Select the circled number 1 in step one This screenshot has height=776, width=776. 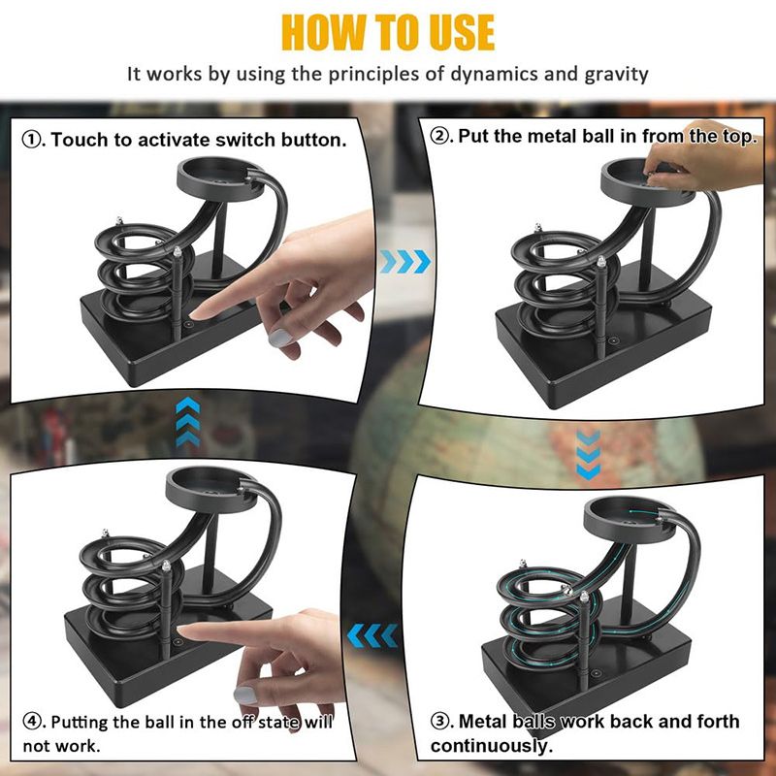[31, 140]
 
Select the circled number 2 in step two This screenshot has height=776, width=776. [438, 136]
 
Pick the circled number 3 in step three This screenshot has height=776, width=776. [439, 721]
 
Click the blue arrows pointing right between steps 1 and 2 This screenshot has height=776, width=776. [405, 261]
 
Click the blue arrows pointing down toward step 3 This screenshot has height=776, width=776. [589, 454]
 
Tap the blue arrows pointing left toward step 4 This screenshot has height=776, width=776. [372, 635]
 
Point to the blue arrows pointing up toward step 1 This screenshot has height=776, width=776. [188, 422]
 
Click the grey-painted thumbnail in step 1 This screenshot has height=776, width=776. [278, 338]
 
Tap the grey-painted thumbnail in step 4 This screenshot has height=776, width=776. [246, 695]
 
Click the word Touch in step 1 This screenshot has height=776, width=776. [80, 140]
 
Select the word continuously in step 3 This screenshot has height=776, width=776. [492, 746]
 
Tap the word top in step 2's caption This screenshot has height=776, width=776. [739, 137]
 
